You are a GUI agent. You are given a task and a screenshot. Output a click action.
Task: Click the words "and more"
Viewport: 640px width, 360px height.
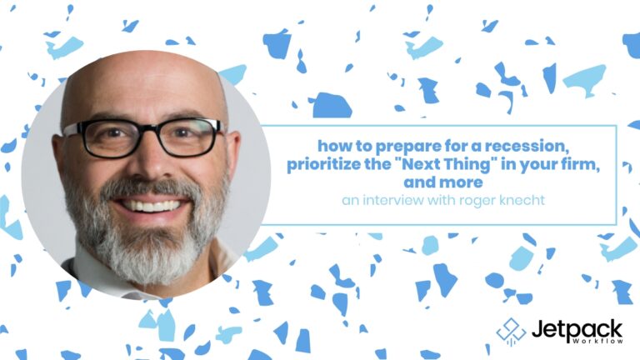coord(443,182)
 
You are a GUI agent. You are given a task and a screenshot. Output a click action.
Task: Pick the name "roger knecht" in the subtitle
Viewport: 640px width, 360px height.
coord(502,200)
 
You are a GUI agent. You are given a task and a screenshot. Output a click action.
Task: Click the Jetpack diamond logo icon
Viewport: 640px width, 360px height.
coord(511,332)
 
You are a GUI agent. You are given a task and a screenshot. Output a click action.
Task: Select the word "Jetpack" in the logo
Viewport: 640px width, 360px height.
coord(577,330)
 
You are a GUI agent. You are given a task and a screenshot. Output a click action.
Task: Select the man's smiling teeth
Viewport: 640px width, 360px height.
coord(152,205)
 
